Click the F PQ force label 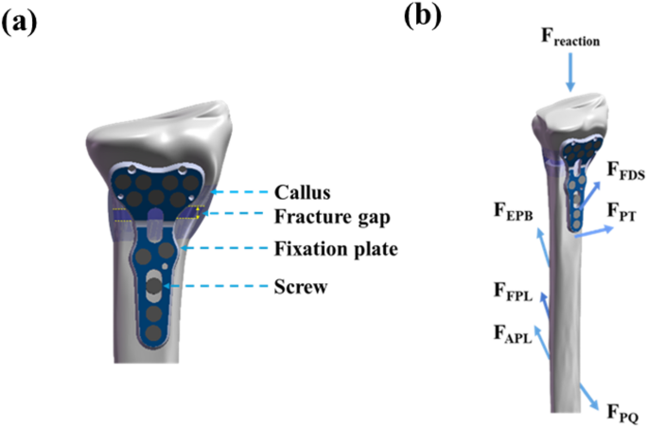[624, 413]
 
